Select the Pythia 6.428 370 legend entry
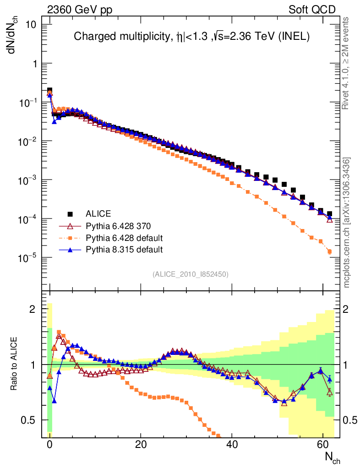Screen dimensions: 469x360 point(118,226)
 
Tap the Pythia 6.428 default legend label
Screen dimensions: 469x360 point(125,238)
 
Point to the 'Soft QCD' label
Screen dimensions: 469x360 point(312,10)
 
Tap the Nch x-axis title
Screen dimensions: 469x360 point(332,458)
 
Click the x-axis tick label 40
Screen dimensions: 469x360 point(232,445)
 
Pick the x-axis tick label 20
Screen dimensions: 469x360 point(141,445)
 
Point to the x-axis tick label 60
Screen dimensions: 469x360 point(323,445)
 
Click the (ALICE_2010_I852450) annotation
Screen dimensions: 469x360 point(191,274)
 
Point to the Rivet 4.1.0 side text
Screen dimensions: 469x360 point(346,63)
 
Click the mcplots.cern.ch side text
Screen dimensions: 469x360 point(347,222)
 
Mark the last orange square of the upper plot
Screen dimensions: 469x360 point(329,251)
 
